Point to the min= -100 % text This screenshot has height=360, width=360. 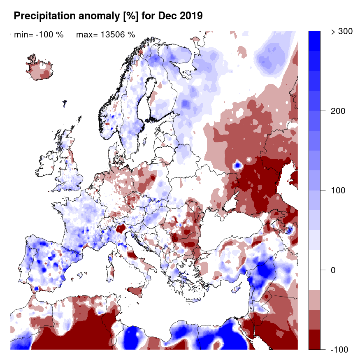[x=39, y=35]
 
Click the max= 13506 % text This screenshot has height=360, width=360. [x=106, y=35]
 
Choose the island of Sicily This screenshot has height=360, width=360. [x=138, y=292]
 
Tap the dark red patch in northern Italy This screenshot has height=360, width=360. [x=121, y=229]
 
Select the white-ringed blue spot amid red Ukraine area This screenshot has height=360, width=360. [x=237, y=165]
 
